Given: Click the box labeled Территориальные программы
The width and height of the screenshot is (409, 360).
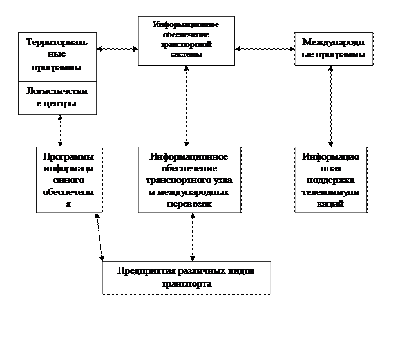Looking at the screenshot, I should [57, 55].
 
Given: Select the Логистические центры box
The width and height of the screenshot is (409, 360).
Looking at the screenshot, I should [57, 98].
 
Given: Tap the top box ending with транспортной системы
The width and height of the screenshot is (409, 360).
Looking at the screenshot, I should [186, 40].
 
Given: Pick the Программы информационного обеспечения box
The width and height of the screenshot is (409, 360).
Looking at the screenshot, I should [69, 180].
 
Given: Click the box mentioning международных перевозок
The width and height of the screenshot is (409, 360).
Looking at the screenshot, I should [189, 180].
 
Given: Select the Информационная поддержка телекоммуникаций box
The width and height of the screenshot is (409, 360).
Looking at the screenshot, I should [331, 180].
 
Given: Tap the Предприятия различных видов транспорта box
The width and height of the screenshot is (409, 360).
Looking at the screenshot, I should [186, 277].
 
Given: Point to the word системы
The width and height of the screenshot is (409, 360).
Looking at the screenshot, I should [187, 55].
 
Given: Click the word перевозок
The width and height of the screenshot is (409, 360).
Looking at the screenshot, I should [189, 204].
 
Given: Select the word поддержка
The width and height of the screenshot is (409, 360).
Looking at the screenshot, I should [331, 180].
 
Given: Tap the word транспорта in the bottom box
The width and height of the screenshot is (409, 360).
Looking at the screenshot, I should [186, 283].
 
